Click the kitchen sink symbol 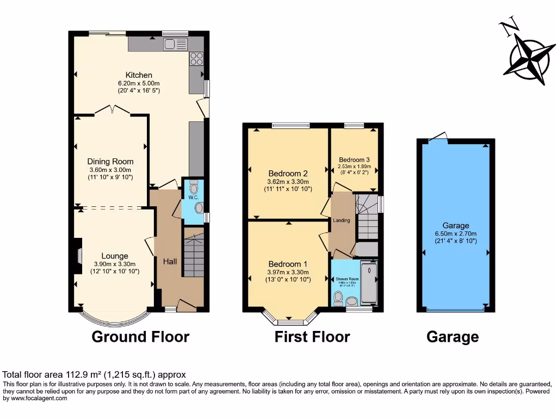[x=175, y=44]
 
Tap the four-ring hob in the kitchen [x=196, y=59]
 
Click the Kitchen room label [x=139, y=75]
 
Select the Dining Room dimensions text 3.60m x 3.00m [x=110, y=169]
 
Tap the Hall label [x=170, y=262]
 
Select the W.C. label [x=192, y=197]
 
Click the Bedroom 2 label [x=288, y=174]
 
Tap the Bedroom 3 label [x=354, y=159]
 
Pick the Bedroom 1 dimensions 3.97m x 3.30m [x=288, y=272]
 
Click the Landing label [x=342, y=220]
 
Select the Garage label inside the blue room [x=456, y=225]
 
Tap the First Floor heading [x=312, y=337]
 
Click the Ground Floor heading [x=140, y=337]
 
